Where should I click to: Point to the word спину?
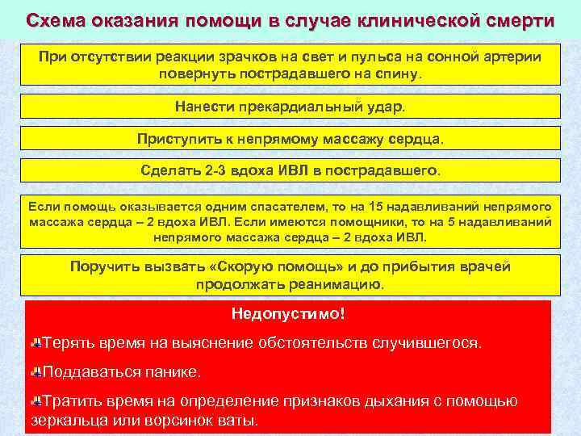(x=396, y=73)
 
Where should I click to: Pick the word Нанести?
(x=202, y=107)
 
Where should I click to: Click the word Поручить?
(x=104, y=267)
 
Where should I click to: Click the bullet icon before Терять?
(x=36, y=343)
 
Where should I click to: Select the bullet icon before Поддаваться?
(x=36, y=372)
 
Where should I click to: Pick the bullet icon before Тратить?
(x=36, y=401)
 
